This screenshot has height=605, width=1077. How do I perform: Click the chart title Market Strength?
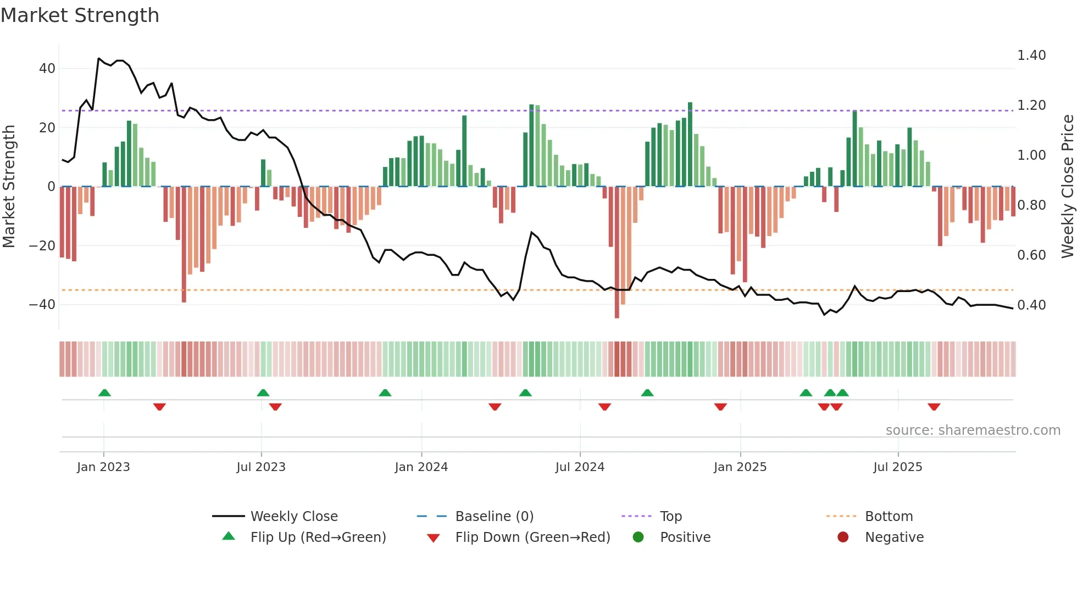pos(80,15)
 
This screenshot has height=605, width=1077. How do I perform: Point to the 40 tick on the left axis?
pos(47,69)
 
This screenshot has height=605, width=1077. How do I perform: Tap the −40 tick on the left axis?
pos(42,304)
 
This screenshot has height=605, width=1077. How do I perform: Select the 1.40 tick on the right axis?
pos(1031,55)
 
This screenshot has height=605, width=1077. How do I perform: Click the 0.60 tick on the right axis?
pos(1031,255)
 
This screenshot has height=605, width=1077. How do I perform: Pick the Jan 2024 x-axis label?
pos(421,467)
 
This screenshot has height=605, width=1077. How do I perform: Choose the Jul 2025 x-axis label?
pos(897,467)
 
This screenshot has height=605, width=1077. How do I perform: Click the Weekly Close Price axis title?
pos(1067,187)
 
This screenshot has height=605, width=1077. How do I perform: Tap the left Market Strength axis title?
pos(9,187)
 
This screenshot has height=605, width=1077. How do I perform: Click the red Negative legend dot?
pos(842,537)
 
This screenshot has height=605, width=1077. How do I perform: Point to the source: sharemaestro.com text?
pos(973,430)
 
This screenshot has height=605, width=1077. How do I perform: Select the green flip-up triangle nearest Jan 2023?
pos(104,393)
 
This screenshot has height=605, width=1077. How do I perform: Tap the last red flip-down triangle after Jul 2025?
pos(934,407)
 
